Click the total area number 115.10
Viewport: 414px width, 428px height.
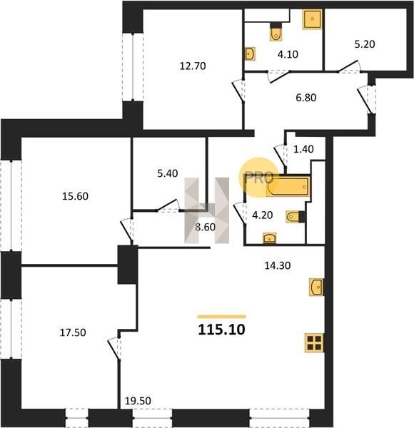pyautogui.click(x=221, y=330)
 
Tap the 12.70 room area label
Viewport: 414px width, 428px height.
pyautogui.click(x=193, y=66)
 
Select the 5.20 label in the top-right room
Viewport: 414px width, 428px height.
pyautogui.click(x=365, y=44)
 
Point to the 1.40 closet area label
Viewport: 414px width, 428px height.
pyautogui.click(x=303, y=149)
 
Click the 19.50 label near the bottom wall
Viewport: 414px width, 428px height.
pyautogui.click(x=138, y=401)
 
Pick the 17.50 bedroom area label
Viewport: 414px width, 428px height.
pyautogui.click(x=73, y=332)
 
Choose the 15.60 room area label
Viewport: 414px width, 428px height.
pyautogui.click(x=75, y=196)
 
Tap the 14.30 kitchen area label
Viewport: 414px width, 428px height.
pyautogui.click(x=278, y=265)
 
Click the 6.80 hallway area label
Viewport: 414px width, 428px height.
pyautogui.click(x=306, y=98)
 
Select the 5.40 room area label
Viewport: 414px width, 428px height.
pyautogui.click(x=168, y=173)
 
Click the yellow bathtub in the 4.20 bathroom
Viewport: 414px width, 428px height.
pyautogui.click(x=288, y=186)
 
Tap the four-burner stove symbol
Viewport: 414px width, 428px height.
pyautogui.click(x=314, y=343)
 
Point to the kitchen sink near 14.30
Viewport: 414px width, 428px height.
pyautogui.click(x=316, y=287)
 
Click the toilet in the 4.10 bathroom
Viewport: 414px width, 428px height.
pyautogui.click(x=276, y=32)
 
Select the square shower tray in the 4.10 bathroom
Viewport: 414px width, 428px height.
pyautogui.click(x=313, y=19)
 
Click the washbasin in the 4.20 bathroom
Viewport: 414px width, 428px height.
pyautogui.click(x=269, y=238)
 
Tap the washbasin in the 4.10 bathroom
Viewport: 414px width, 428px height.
pyautogui.click(x=250, y=53)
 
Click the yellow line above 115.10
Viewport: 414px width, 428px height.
pyautogui.click(x=222, y=317)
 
